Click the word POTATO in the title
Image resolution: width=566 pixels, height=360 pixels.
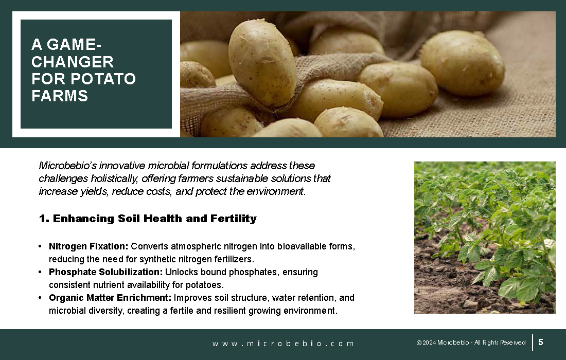click(103, 79)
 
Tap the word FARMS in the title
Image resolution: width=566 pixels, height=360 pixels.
click(60, 96)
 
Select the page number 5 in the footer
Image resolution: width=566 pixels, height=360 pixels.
click(541, 342)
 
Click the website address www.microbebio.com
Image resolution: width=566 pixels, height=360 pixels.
click(283, 344)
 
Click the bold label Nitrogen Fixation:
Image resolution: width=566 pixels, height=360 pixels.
click(89, 246)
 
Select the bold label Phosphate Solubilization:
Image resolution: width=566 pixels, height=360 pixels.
click(106, 272)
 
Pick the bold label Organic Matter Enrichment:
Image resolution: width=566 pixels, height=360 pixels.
click(110, 298)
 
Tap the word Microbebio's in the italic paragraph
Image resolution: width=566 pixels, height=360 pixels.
click(67, 166)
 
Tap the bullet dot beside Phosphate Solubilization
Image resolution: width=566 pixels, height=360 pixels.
click(40, 272)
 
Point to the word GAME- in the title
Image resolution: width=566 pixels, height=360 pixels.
click(75, 44)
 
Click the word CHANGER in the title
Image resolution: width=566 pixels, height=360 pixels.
click(73, 62)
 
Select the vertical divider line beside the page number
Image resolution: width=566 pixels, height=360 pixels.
click(533, 343)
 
